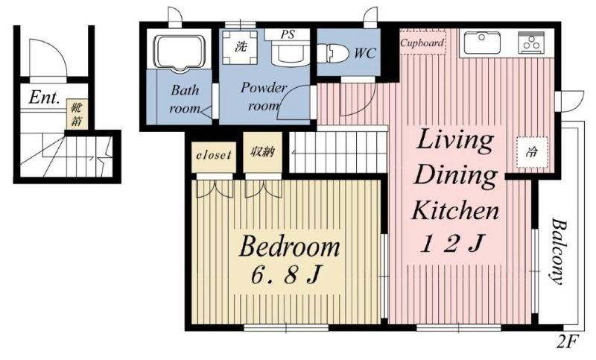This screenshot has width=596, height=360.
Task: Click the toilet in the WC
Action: coord(332,53)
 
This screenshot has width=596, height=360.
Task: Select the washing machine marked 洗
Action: coord(240,47)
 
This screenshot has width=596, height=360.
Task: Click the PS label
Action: coord(288,34)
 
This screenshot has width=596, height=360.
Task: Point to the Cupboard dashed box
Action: coord(422,43)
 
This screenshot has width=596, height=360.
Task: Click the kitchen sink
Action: coord(482,42)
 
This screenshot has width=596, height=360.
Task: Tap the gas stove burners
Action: coord(531,42)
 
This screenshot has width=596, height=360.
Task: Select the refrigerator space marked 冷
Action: coord(532,153)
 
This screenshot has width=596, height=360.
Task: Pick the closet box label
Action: coord(214,156)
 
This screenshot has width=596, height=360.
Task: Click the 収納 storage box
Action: coord(263,153)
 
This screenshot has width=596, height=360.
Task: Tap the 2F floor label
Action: coord(568,341)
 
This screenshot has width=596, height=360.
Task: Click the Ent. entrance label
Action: coord(45,98)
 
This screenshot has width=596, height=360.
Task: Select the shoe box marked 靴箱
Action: coord(77,114)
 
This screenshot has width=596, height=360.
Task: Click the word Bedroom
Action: coord(289,247)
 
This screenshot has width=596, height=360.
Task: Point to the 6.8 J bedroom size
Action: coord(285,274)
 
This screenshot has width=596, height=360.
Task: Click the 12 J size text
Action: coord(452,244)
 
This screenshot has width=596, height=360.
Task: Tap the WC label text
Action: coord(365,53)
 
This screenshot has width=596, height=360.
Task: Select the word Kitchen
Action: coord(455,210)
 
